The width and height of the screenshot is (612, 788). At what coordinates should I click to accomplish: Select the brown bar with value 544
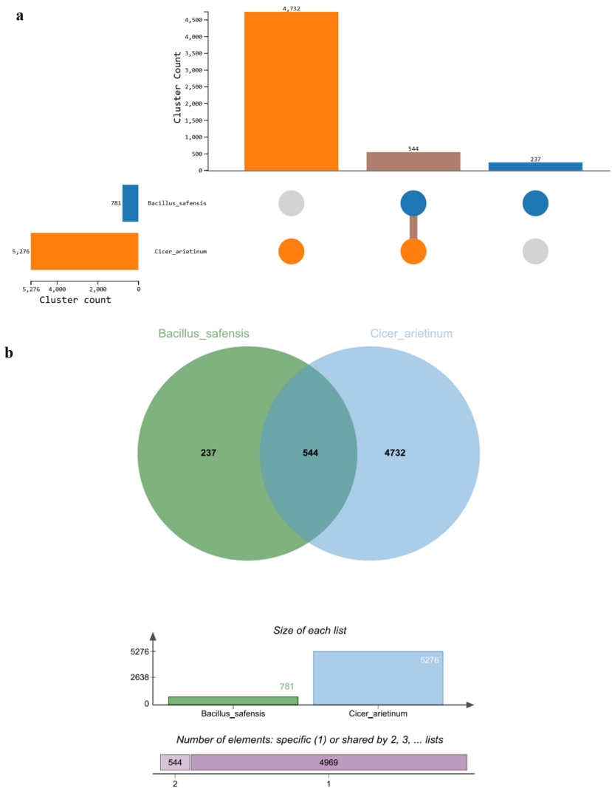coord(413,161)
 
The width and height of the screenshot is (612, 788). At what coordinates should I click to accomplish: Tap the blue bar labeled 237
coord(535,166)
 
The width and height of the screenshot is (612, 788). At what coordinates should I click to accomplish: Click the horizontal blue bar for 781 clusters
coord(131,203)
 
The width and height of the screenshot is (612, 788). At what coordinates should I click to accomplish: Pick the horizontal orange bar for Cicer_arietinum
coord(84,251)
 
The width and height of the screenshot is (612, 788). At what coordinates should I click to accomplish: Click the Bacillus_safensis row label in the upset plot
coord(176,203)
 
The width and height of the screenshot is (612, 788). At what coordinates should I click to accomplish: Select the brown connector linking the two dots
coord(413,227)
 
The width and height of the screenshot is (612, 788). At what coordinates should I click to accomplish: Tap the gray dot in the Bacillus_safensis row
coord(292,203)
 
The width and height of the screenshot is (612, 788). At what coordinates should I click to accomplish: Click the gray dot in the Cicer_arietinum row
coord(535,252)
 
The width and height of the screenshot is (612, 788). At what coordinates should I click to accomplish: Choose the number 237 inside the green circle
coord(209,452)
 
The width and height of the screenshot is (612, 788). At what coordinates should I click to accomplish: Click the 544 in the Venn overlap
coord(310,452)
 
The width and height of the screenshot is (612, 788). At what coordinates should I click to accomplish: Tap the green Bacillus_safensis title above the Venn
coord(204,334)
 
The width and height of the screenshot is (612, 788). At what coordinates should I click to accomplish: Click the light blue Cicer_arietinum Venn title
coord(411,334)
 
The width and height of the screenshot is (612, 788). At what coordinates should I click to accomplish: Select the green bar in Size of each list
coord(233,700)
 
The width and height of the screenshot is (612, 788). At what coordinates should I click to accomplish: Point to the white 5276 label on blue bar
coord(429,660)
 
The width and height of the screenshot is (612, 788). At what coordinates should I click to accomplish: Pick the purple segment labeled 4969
coord(329,762)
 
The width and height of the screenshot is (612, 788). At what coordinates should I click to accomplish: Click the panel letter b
coord(10,354)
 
